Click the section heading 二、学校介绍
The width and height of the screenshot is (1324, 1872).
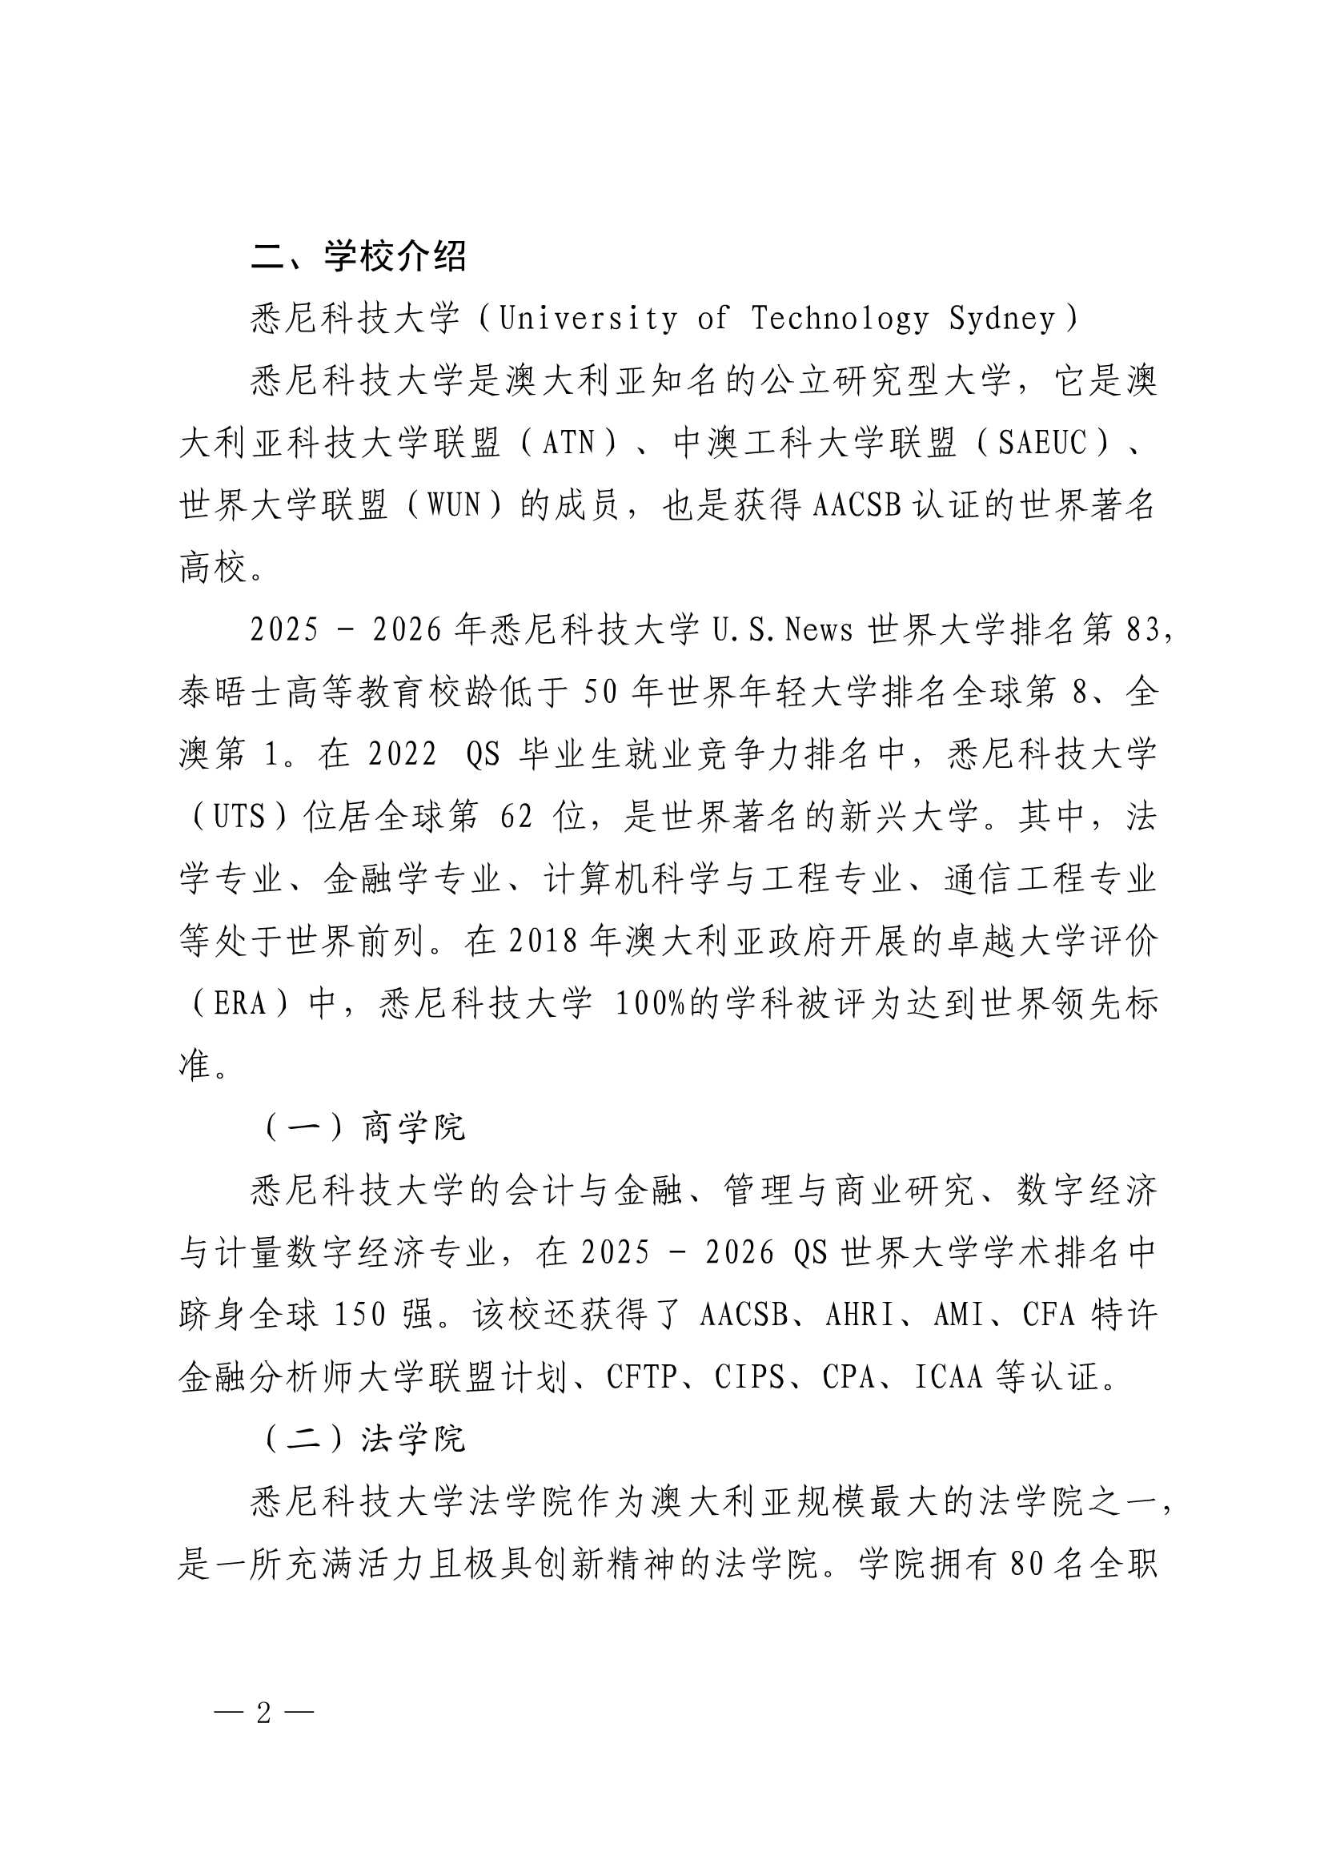[358, 256]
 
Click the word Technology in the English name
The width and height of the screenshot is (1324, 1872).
[839, 319]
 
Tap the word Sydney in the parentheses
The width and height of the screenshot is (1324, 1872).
[1002, 319]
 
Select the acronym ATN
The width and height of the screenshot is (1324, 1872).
[568, 444]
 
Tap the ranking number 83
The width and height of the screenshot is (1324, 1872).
[1141, 630]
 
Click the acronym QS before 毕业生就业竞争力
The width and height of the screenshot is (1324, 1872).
[483, 755]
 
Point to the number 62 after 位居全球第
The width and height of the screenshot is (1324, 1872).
[516, 817]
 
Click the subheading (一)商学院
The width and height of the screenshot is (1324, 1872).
[363, 1128]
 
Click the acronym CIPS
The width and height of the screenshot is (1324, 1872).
[749, 1378]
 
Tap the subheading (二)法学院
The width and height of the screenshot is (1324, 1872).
[363, 1440]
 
